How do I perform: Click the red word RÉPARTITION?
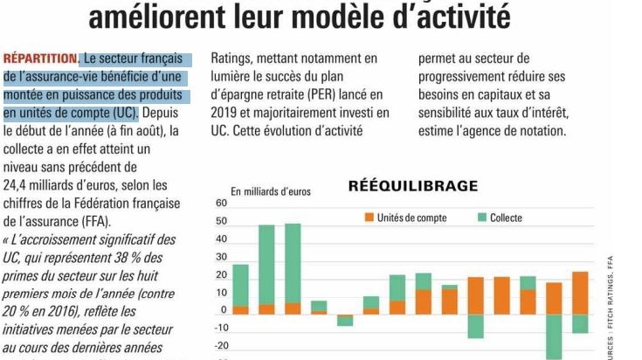(40, 59)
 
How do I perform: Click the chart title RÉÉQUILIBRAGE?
(413, 185)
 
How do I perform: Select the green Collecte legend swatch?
(481, 216)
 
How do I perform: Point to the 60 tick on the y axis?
(221, 204)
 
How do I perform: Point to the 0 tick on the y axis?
(224, 310)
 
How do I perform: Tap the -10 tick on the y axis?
(220, 328)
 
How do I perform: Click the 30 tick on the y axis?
(221, 257)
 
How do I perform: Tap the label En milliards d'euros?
(270, 191)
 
